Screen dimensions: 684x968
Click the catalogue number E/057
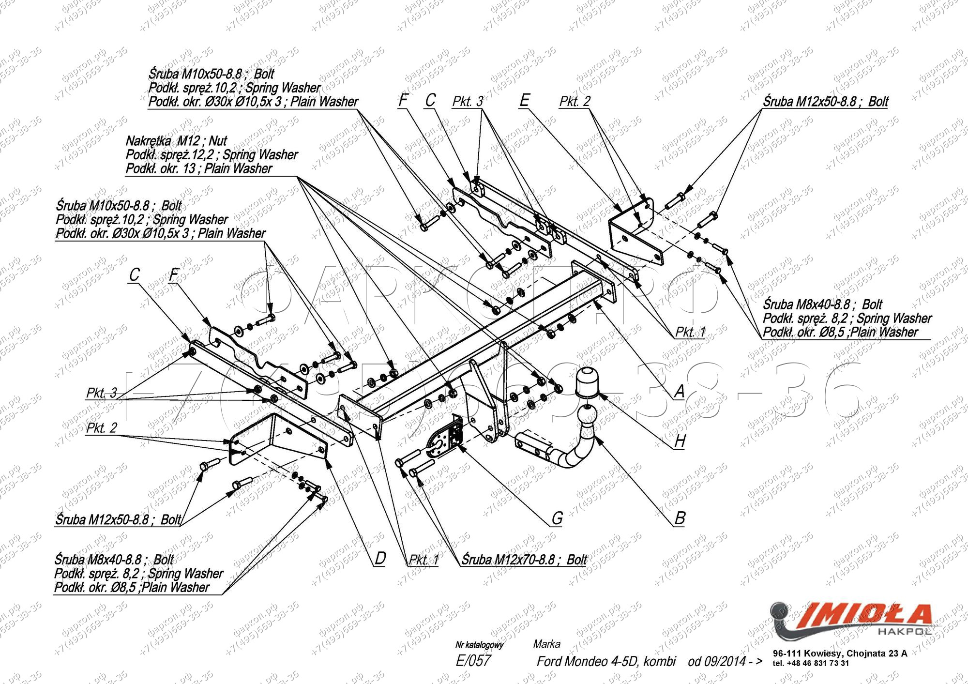(473, 661)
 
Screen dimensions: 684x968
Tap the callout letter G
(557, 518)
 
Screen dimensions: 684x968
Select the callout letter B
(680, 518)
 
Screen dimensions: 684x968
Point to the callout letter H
(680, 441)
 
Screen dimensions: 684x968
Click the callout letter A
(680, 391)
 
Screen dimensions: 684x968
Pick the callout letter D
(380, 558)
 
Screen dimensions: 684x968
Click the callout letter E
(524, 101)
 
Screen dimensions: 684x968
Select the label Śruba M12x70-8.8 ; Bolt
(524, 560)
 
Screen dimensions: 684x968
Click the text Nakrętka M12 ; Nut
(176, 141)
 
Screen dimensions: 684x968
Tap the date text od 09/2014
(725, 661)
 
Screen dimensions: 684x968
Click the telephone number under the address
(811, 663)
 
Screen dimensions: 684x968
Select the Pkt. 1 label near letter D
(423, 560)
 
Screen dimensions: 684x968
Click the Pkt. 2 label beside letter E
(575, 102)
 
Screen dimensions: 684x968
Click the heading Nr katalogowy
(479, 645)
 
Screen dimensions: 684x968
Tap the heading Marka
(546, 644)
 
